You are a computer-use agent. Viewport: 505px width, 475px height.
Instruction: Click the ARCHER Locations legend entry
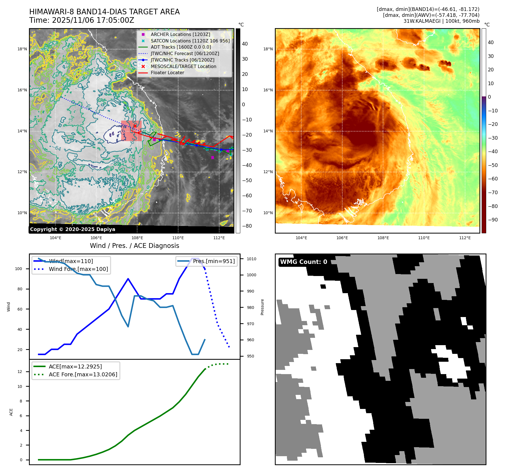[x=180, y=34]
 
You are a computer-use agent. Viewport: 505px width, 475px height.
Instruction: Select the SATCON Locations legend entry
[x=190, y=41]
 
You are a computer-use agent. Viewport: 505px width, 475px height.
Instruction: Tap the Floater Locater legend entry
[x=167, y=73]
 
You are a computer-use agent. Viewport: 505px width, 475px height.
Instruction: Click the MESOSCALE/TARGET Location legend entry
[x=183, y=66]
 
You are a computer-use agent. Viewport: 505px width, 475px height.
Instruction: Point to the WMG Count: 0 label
[x=304, y=262]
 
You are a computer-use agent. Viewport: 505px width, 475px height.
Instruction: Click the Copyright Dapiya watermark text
[x=73, y=229]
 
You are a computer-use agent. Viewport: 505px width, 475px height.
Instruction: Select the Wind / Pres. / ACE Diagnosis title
[x=134, y=246]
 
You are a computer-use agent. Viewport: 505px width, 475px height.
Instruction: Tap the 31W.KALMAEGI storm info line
[x=441, y=21]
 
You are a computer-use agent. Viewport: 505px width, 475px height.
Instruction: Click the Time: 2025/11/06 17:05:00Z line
[x=81, y=20]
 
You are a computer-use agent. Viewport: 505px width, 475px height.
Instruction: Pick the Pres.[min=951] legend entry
[x=214, y=261]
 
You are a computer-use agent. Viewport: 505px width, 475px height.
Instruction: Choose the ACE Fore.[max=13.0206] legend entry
[x=83, y=374]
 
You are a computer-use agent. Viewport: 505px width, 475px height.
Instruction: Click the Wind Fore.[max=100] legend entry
[x=78, y=269]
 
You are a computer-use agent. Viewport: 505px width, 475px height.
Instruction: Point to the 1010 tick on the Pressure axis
[x=252, y=259]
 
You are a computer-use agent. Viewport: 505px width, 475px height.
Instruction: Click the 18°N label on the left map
[x=22, y=49]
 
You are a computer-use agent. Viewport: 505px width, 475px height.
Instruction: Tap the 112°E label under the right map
[x=465, y=238]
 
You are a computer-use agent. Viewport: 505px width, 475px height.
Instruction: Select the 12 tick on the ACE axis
[x=20, y=372]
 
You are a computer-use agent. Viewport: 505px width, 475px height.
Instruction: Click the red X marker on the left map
[x=135, y=126]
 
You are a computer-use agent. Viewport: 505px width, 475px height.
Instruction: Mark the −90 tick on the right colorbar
[x=493, y=220]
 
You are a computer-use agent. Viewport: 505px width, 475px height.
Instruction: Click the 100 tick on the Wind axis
[x=19, y=269]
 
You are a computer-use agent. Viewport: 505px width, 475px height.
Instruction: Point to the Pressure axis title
[x=262, y=307]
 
